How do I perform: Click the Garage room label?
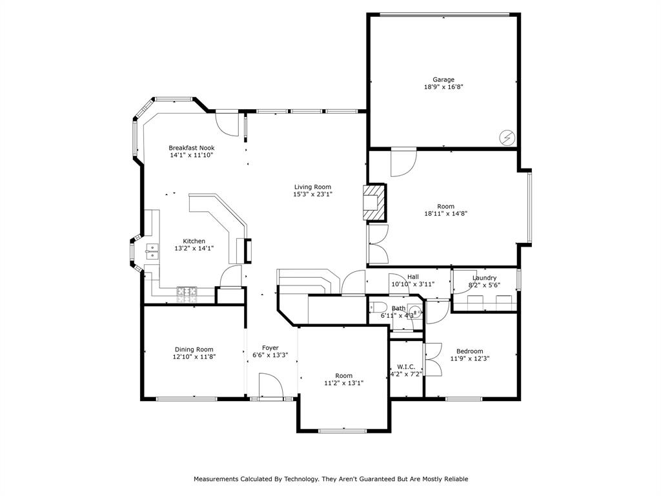(443, 79)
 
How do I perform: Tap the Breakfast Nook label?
(191, 148)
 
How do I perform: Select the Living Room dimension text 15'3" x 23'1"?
(313, 194)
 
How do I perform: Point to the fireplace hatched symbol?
(374, 202)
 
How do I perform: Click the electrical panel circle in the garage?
(507, 137)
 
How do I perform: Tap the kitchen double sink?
(152, 251)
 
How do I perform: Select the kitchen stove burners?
(187, 294)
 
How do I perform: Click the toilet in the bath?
(376, 307)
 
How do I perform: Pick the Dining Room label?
(194, 349)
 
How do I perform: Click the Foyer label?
(270, 348)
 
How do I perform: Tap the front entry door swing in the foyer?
(270, 385)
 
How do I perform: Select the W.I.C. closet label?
(407, 367)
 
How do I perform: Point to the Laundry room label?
(484, 278)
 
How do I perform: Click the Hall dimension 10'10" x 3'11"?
(412, 284)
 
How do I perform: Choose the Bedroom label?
(470, 351)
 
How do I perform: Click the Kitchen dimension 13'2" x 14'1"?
(194, 249)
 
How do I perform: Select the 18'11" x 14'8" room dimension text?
(445, 213)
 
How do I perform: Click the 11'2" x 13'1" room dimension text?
(344, 383)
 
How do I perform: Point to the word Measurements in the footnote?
(216, 479)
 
